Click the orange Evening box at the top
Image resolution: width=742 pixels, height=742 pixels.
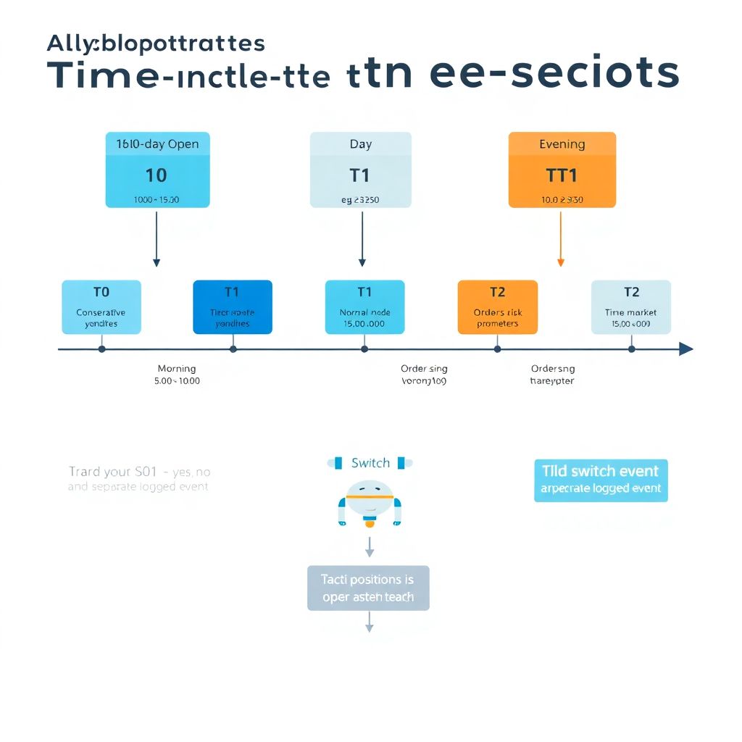[x=562, y=170]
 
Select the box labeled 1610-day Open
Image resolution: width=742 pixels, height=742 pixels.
[x=157, y=170]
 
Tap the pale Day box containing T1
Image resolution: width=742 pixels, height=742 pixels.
[x=360, y=170]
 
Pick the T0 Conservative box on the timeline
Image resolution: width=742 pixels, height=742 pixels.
[x=101, y=307]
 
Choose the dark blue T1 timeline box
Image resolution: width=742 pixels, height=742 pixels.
[x=233, y=307]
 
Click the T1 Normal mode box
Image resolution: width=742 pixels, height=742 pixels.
[x=364, y=307]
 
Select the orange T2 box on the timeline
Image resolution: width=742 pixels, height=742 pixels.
[x=498, y=307]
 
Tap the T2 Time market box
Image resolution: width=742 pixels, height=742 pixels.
[x=631, y=307]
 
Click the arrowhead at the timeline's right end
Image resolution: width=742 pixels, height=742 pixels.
[x=685, y=349]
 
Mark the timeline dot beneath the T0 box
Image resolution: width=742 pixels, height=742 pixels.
[x=101, y=349]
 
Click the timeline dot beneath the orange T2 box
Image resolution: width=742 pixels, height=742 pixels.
[x=497, y=349]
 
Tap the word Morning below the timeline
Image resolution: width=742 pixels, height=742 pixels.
[x=177, y=369]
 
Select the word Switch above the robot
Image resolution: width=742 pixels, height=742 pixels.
[x=370, y=463]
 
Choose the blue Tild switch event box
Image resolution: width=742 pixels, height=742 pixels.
[x=601, y=480]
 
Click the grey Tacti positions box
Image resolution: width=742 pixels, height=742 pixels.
[x=368, y=588]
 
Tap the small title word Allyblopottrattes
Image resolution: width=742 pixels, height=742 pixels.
[x=156, y=43]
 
